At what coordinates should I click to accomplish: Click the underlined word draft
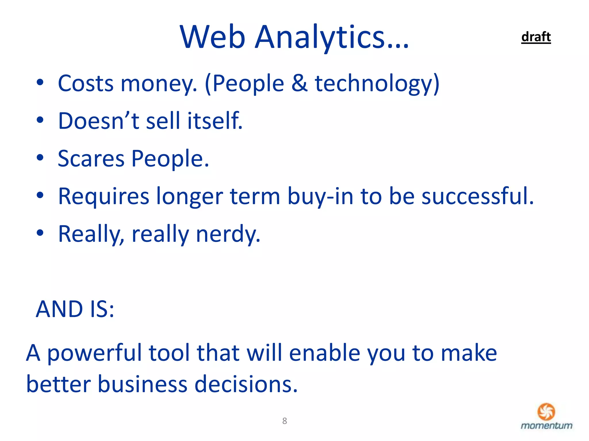[536, 37]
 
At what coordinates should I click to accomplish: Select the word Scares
[91, 158]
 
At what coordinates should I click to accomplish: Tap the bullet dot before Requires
[40, 195]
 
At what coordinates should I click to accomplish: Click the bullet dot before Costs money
[40, 83]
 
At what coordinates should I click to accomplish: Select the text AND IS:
[75, 309]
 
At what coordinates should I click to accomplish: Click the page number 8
[284, 421]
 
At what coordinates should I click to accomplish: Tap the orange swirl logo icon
[546, 411]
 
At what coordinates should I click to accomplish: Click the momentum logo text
[546, 425]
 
